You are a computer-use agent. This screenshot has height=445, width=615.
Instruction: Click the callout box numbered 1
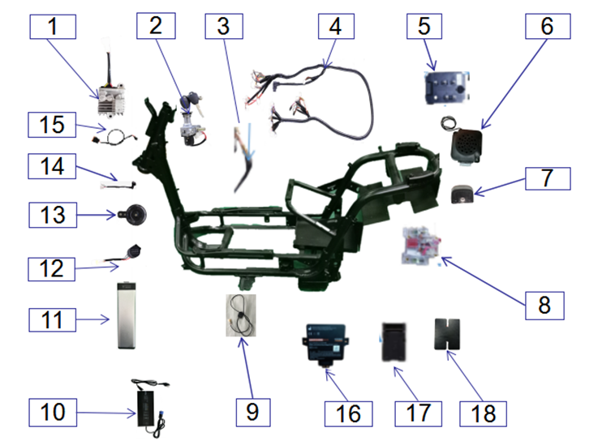pos(53,27)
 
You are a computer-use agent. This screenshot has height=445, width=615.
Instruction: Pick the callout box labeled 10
pos(52,412)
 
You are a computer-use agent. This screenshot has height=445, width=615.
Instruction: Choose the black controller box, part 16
pos(328,344)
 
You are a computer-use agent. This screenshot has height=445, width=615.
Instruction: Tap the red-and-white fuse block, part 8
pos(419,246)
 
